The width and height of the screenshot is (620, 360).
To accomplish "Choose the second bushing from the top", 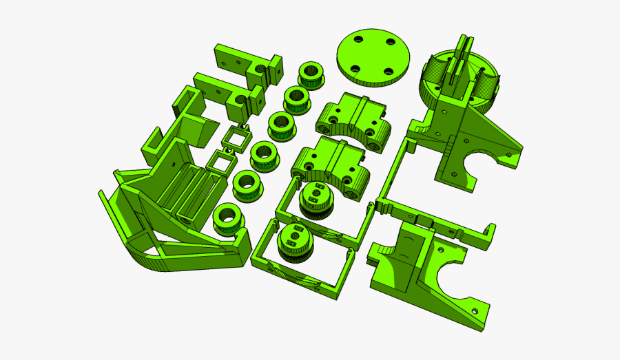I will coord(298,98).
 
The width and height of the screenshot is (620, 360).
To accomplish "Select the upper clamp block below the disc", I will coord(353,117).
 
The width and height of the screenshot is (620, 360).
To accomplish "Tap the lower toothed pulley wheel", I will coord(293,244).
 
